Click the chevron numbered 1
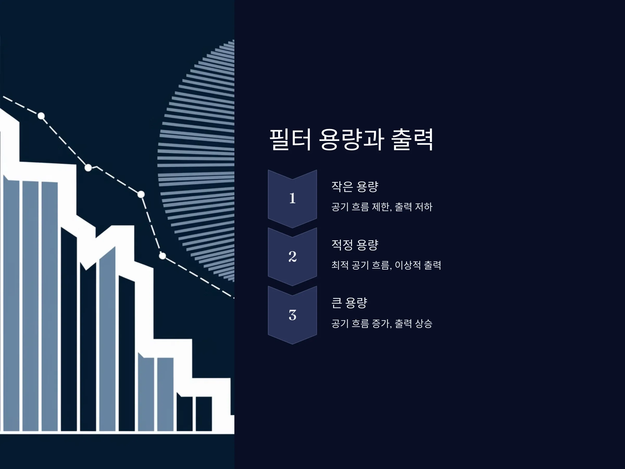click(292, 199)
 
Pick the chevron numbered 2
click(292, 257)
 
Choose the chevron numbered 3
click(292, 315)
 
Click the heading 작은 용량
click(355, 187)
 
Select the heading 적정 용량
click(355, 245)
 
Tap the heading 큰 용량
click(349, 303)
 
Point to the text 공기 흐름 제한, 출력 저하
click(382, 207)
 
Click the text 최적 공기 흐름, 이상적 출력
click(386, 265)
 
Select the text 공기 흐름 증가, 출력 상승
click(382, 323)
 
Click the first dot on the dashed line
click(41, 116)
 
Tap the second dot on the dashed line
click(88, 168)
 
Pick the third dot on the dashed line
click(141, 194)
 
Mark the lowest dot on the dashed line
click(162, 256)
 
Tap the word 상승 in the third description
click(423, 323)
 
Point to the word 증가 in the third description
click(382, 323)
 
